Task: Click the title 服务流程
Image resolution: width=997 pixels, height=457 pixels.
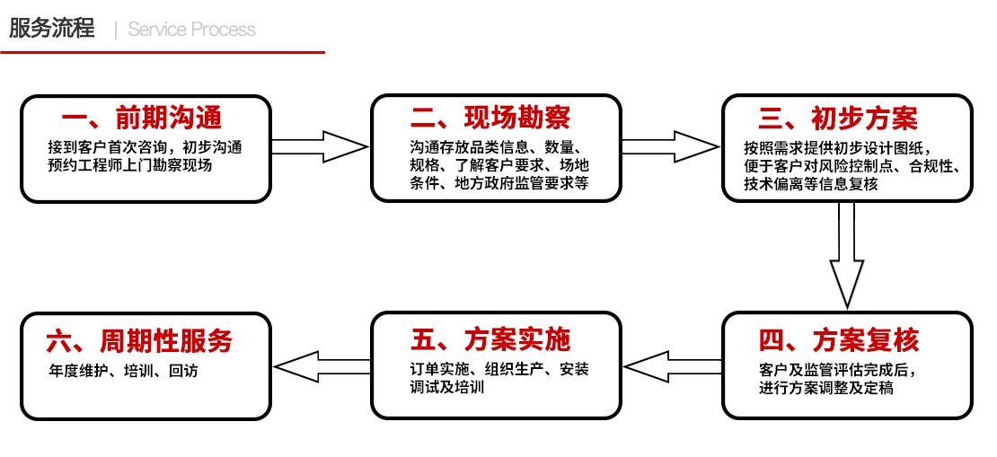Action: pos(51,28)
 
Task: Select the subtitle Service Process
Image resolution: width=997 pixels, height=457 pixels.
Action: pos(191,30)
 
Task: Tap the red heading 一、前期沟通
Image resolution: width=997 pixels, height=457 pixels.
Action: pos(142,118)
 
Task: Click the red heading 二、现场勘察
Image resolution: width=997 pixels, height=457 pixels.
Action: pos(490,118)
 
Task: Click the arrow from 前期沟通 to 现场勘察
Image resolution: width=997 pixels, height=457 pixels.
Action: pos(320,146)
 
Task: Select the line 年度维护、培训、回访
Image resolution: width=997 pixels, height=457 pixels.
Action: pos(123,370)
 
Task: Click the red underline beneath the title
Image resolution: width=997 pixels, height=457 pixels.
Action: pos(163,52)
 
